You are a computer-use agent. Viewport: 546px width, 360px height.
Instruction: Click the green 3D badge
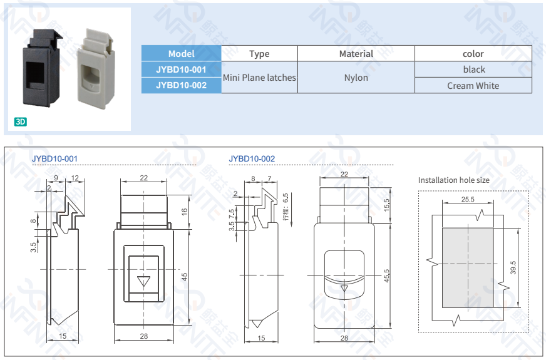[21, 122]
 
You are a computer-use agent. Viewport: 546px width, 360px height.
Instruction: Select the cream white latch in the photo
[95, 69]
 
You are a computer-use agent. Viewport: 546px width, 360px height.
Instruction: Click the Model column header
[182, 54]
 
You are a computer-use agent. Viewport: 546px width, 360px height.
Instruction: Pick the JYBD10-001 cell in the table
[182, 69]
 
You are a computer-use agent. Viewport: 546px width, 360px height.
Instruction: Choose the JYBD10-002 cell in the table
[182, 85]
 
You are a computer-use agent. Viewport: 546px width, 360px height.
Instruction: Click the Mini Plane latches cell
[259, 78]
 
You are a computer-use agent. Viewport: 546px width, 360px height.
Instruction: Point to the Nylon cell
[356, 78]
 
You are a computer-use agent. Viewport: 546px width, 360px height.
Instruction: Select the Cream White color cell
[473, 86]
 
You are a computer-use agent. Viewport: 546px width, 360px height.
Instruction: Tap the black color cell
[474, 69]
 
